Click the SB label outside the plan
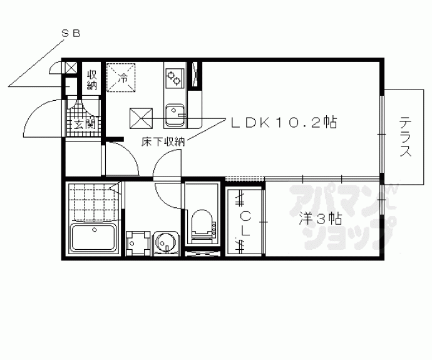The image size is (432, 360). pyautogui.click(x=71, y=34)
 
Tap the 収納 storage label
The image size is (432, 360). pyautogui.click(x=92, y=80)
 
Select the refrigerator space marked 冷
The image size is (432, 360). pyautogui.click(x=121, y=78)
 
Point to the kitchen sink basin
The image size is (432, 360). pyautogui.click(x=175, y=116)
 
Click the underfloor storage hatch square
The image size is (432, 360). pyautogui.click(x=141, y=118)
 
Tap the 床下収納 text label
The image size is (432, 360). pyautogui.click(x=163, y=141)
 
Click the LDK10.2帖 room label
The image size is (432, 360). pyautogui.click(x=284, y=122)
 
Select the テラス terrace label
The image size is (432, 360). pyautogui.click(x=405, y=136)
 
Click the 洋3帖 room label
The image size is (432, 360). pyautogui.click(x=321, y=219)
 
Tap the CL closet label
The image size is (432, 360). pyautogui.click(x=245, y=223)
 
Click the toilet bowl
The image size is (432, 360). pyautogui.click(x=202, y=224)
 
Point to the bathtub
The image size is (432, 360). pyautogui.click(x=94, y=237)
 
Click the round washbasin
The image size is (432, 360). pyautogui.click(x=165, y=242)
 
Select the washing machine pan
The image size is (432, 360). pyautogui.click(x=138, y=244)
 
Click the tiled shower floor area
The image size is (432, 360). pyautogui.click(x=94, y=202)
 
